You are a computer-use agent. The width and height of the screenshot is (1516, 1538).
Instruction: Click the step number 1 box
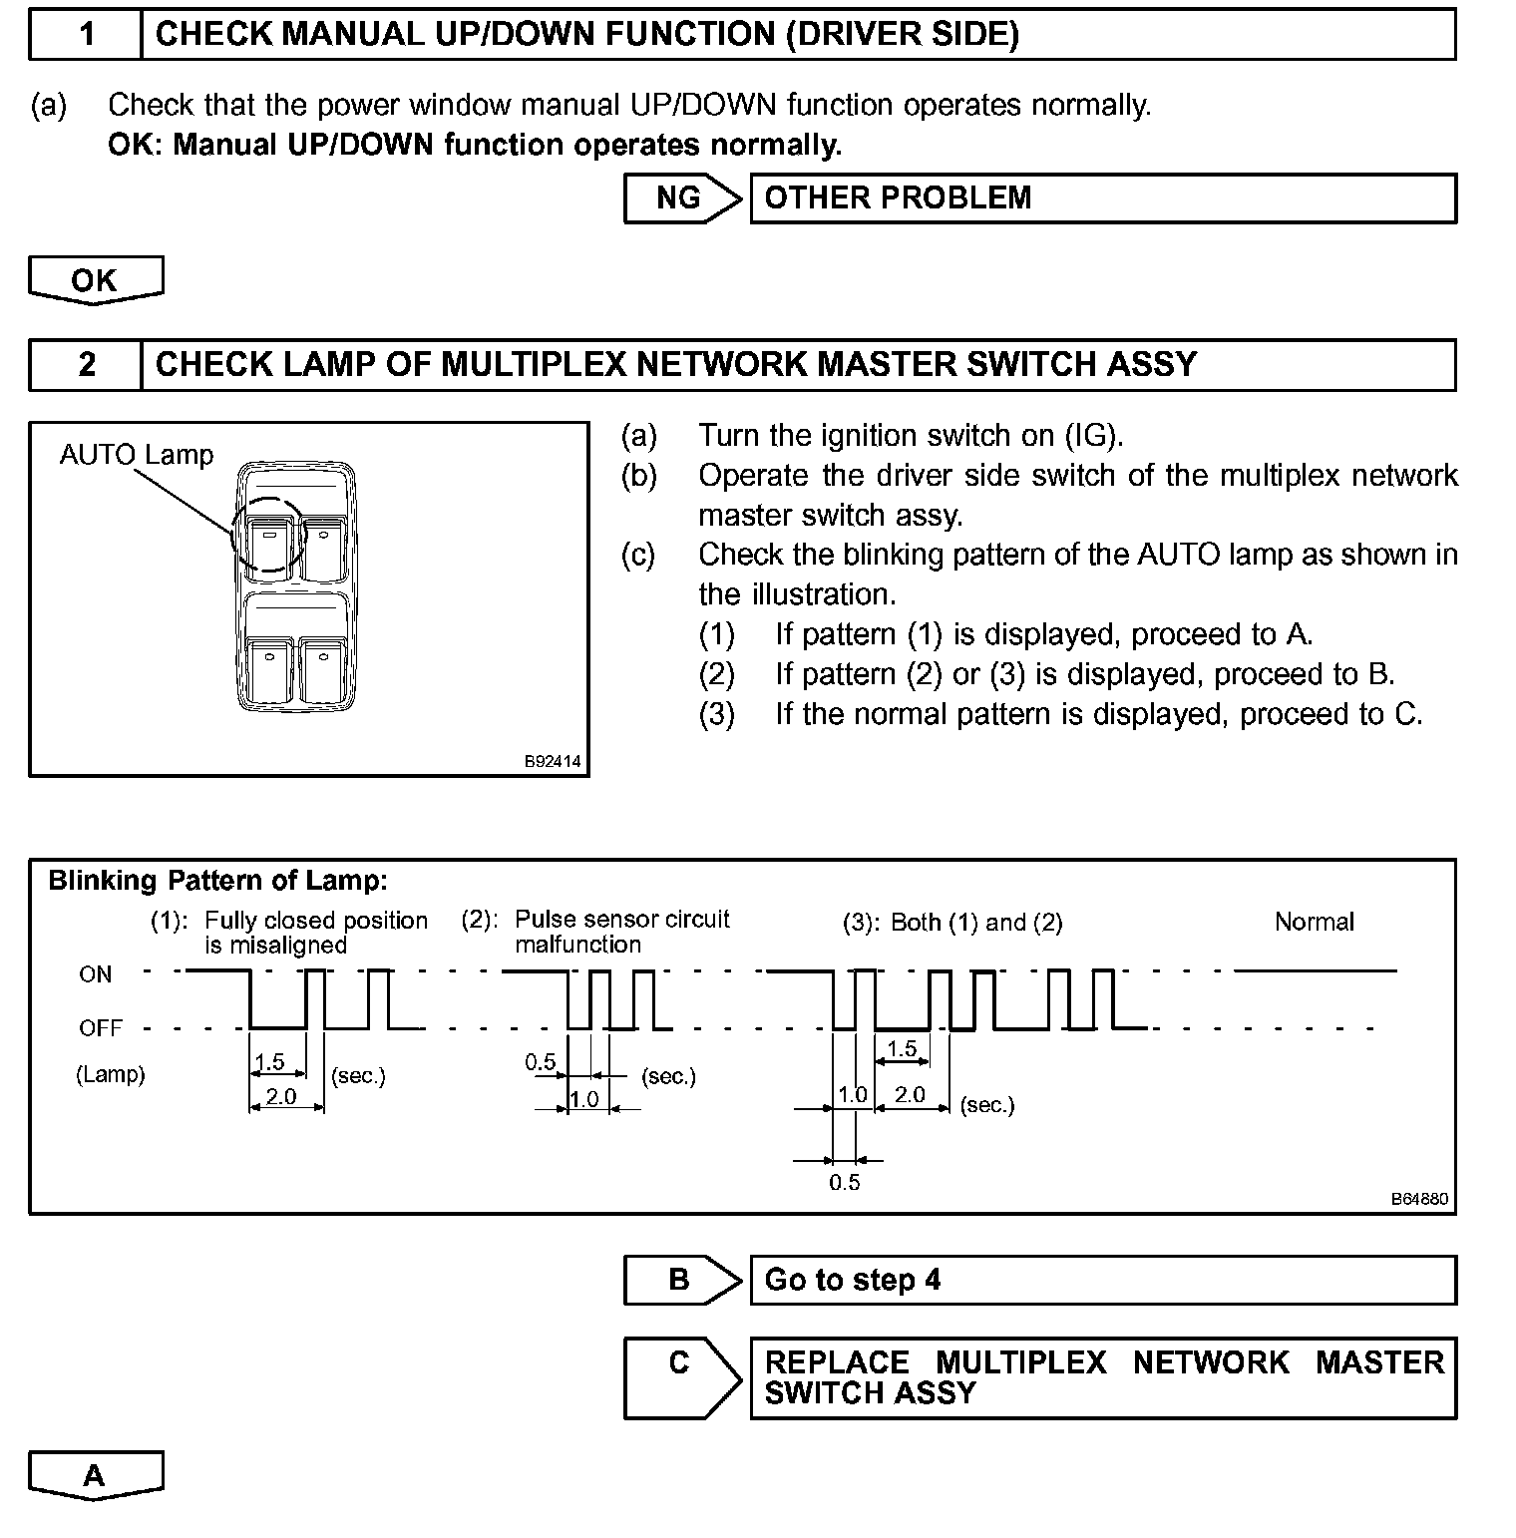[x=87, y=35]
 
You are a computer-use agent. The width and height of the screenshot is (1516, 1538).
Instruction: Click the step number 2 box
[x=87, y=365]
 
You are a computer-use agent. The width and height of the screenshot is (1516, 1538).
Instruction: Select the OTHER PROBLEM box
[x=1102, y=198]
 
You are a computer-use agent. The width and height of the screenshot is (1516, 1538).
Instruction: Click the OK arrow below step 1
[x=95, y=280]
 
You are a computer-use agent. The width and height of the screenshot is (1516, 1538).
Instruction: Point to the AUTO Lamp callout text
[x=137, y=456]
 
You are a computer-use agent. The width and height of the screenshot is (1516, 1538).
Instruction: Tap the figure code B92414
[x=554, y=762]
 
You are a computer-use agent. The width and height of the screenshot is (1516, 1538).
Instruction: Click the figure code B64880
[x=1420, y=1199]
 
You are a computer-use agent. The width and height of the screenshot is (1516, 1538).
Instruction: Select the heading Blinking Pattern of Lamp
[x=217, y=881]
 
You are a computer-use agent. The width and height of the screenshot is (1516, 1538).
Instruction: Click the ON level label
[x=96, y=974]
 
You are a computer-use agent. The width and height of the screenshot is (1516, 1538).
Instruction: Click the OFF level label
[x=100, y=1028]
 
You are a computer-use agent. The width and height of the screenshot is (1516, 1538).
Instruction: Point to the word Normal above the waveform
[x=1314, y=922]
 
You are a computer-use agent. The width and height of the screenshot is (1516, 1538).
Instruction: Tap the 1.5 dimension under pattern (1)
[x=270, y=1062]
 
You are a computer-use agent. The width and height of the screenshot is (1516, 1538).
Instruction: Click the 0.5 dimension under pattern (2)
[x=541, y=1062]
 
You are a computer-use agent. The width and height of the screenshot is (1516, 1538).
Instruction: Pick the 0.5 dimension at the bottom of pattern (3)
[x=844, y=1183]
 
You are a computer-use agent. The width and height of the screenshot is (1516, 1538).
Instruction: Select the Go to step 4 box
[x=1102, y=1281]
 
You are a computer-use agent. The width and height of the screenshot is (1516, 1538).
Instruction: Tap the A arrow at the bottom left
[x=95, y=1475]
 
